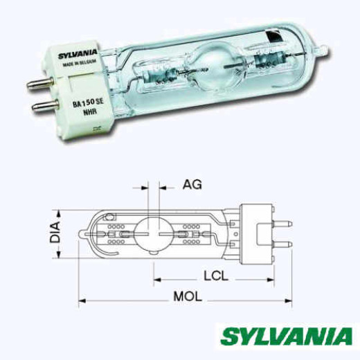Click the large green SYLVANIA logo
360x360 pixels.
(287, 336)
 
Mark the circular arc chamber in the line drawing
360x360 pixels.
(152, 236)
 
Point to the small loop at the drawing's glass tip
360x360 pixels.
(87, 235)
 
